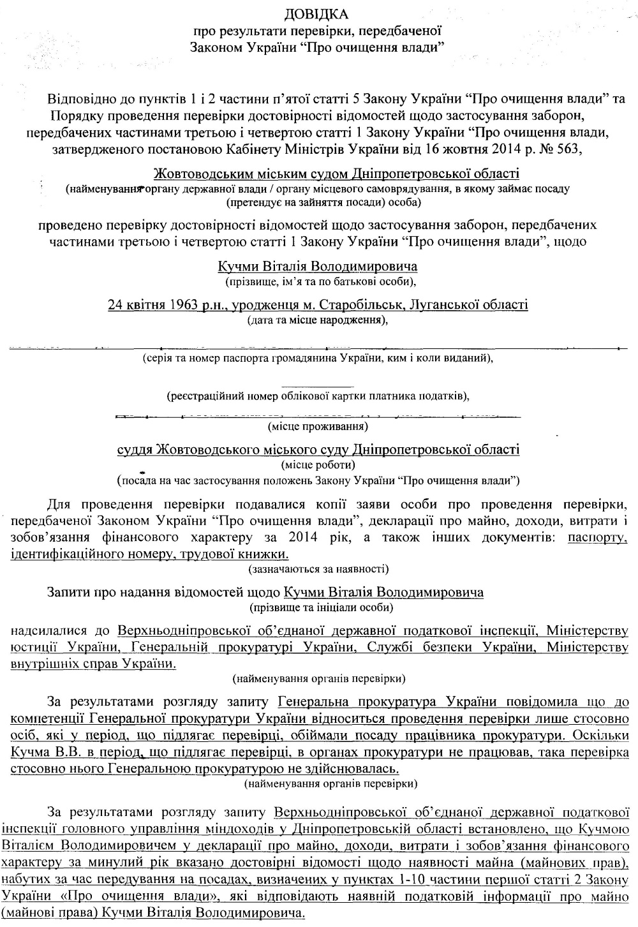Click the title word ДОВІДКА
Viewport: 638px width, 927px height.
click(x=317, y=14)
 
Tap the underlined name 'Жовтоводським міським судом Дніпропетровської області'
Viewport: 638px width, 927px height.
click(x=337, y=174)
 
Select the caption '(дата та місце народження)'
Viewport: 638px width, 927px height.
click(x=318, y=320)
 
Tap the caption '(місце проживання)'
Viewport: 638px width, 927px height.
click(x=318, y=425)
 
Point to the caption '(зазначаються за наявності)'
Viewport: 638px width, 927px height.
click(x=318, y=568)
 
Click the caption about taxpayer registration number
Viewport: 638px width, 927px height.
click(x=318, y=396)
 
